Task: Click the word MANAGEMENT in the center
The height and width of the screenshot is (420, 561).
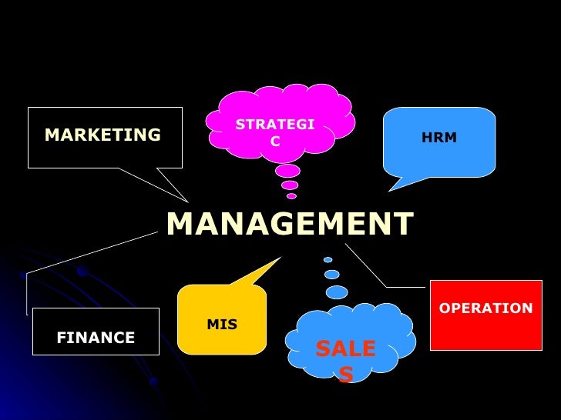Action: [290, 225]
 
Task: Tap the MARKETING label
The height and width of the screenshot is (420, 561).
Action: [102, 135]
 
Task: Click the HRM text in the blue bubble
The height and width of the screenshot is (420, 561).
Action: [439, 138]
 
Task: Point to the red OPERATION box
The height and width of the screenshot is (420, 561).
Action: [485, 315]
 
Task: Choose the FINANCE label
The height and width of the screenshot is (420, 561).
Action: [96, 338]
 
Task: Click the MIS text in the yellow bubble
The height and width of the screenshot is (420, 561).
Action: [222, 325]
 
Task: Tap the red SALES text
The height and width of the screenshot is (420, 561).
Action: [345, 360]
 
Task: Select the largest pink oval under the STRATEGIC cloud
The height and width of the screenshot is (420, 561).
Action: [287, 171]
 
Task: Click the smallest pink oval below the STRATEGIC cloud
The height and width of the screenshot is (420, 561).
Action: [291, 196]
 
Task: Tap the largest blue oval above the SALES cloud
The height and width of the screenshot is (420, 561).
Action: [337, 292]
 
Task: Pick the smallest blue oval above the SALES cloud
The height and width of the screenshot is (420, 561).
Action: [328, 259]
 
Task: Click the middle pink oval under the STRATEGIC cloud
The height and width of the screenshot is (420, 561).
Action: [290, 185]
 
